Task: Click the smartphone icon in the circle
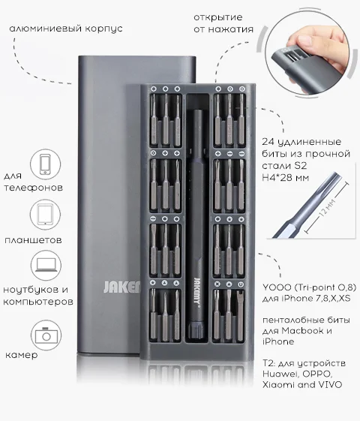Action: (x=45, y=164)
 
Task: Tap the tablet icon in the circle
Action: (x=45, y=215)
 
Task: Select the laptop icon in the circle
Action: (x=46, y=265)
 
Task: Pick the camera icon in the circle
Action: (x=46, y=335)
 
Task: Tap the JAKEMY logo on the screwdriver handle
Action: (x=197, y=291)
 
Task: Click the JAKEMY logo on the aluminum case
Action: (x=121, y=287)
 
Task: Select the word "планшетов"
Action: (x=33, y=239)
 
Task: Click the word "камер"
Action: (x=22, y=355)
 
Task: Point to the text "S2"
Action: (x=301, y=166)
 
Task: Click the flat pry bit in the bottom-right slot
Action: (x=240, y=315)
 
